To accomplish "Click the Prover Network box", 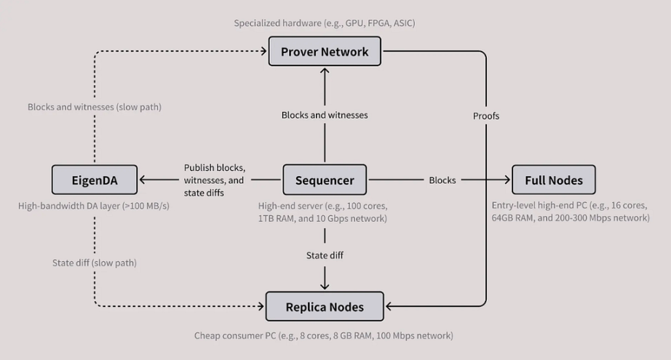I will tap(325, 52).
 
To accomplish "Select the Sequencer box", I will tap(325, 180).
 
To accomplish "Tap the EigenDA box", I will tap(95, 180).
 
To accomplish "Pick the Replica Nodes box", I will tap(325, 306).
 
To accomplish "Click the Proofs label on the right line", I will tap(486, 116).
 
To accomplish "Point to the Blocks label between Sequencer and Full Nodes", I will tap(442, 180).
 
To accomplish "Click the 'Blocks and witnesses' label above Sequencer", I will tap(325, 115).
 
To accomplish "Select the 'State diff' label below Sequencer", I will tap(325, 255).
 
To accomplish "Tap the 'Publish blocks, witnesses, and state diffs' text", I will tap(214, 180).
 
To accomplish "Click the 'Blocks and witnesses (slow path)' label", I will tap(95, 107).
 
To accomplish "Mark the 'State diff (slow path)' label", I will tap(95, 263).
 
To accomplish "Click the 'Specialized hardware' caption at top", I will tap(325, 23).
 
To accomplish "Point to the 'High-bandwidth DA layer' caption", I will tap(95, 206).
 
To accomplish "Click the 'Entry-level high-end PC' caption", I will tap(571, 212).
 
